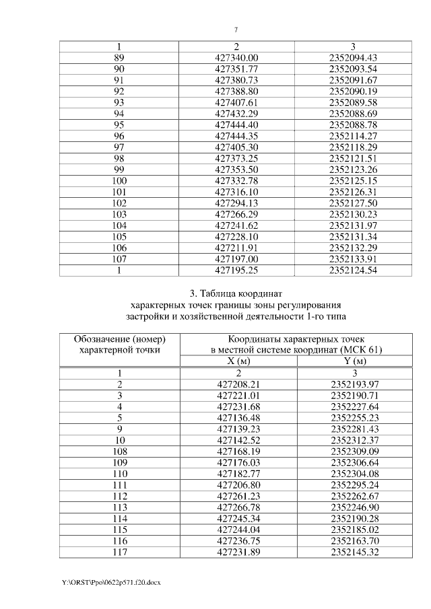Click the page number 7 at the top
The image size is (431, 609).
click(x=236, y=30)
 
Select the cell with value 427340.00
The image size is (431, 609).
click(x=236, y=58)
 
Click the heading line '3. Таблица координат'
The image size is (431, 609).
click(x=236, y=293)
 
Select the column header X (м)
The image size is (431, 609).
click(x=236, y=361)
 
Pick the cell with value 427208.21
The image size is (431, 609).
click(x=236, y=384)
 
